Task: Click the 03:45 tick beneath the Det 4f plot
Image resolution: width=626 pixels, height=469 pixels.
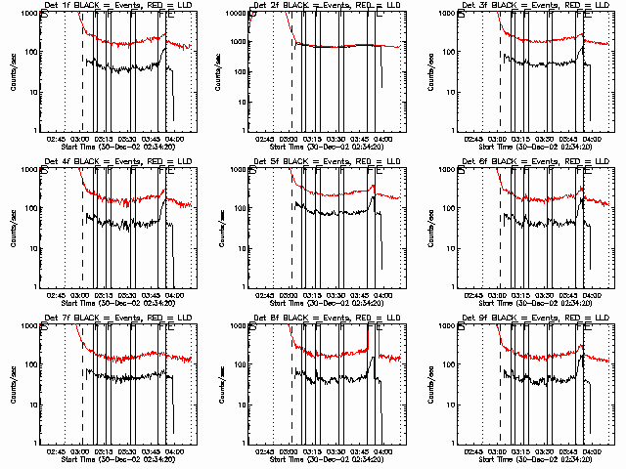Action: [x=152, y=294]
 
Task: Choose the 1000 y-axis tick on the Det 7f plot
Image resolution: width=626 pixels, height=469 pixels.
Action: [x=27, y=325]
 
